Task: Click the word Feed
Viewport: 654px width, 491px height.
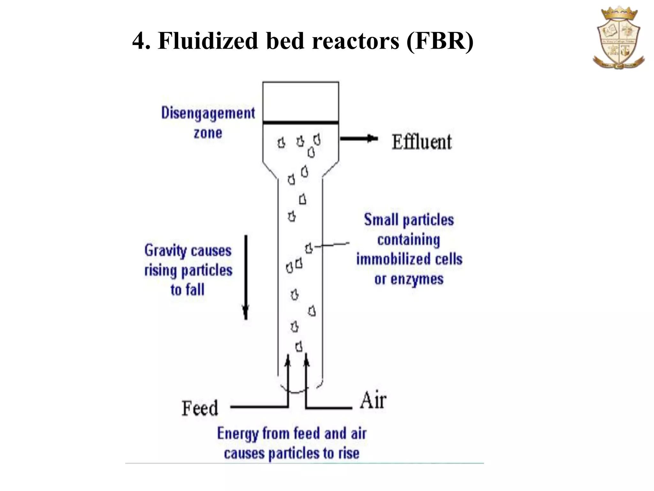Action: point(200,408)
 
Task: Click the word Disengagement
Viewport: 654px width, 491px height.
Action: point(208,113)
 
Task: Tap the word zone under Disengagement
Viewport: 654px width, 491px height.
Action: point(208,133)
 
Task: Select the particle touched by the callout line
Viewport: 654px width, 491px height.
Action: point(309,248)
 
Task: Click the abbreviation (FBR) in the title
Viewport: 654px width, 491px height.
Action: point(440,41)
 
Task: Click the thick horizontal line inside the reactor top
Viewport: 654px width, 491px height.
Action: point(300,122)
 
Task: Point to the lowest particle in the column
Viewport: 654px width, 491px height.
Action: point(299,346)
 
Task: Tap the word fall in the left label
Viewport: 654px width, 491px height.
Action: point(195,290)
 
